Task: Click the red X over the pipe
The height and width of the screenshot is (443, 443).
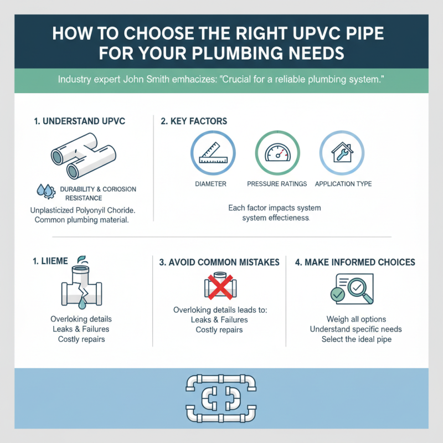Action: [221, 287]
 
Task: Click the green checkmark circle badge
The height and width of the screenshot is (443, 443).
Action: [337, 295]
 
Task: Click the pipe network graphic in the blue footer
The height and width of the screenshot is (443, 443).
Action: [221, 398]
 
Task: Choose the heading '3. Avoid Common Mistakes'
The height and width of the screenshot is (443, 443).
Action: [219, 262]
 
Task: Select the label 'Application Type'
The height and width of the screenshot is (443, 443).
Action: [343, 184]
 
